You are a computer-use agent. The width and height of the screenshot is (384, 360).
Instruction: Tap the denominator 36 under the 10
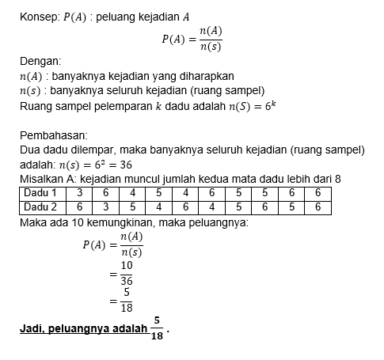126,281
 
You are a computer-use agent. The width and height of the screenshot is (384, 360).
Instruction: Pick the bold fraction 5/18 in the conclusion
157,328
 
